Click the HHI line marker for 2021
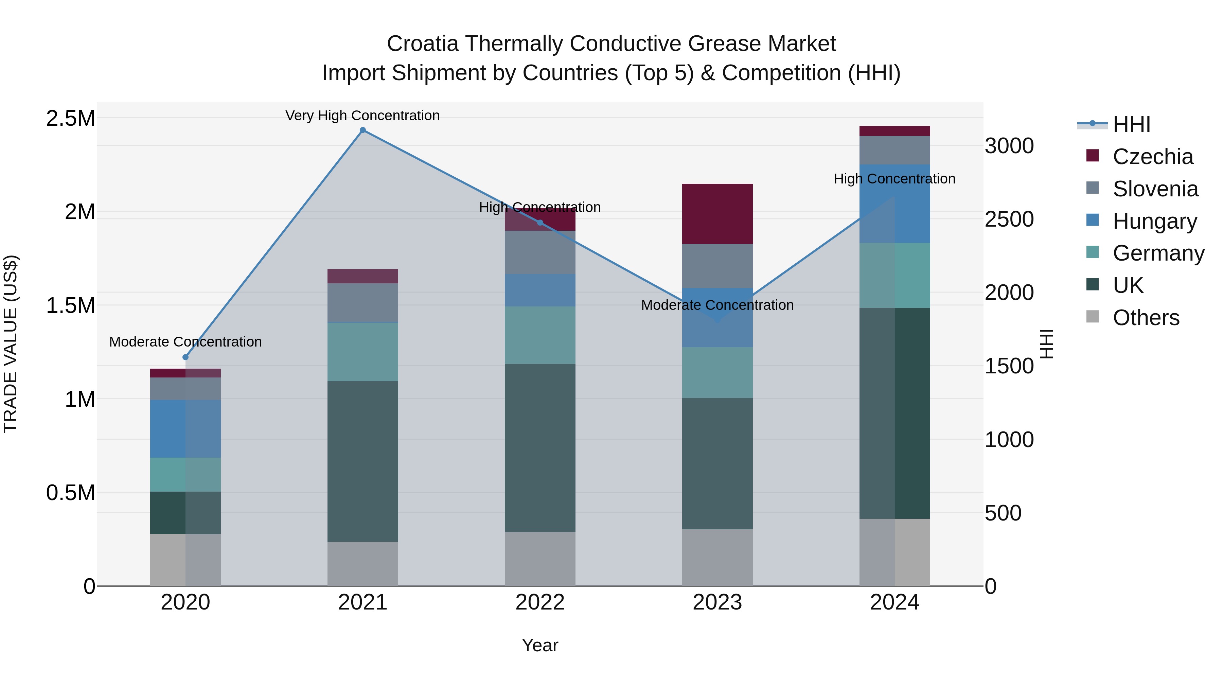click(363, 130)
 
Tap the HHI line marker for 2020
click(185, 357)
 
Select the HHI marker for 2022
click(540, 223)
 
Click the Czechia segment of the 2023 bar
click(717, 214)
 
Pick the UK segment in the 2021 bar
click(363, 461)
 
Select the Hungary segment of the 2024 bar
click(894, 204)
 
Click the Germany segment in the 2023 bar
click(717, 372)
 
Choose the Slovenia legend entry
click(1155, 189)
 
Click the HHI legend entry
click(1131, 124)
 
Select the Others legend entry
click(1146, 318)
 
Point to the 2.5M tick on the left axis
click(71, 118)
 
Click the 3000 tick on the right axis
click(1009, 146)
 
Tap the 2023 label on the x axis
click(717, 602)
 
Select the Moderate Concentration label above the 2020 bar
click(185, 341)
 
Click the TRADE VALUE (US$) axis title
click(11, 344)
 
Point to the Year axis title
click(540, 645)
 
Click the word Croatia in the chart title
click(423, 44)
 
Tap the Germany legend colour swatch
click(1093, 252)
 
